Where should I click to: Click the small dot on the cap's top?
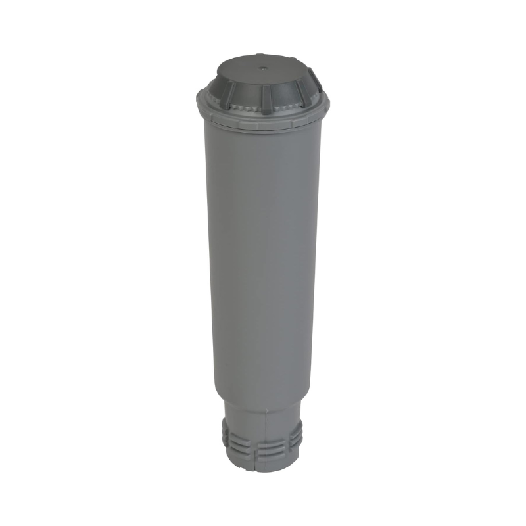coord(262,66)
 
